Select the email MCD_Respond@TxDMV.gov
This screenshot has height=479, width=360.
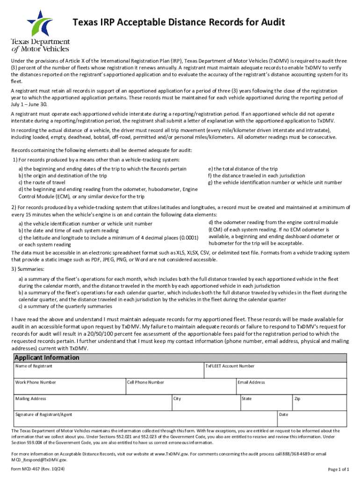click(x=36, y=460)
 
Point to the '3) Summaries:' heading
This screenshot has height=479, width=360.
click(x=28, y=269)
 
